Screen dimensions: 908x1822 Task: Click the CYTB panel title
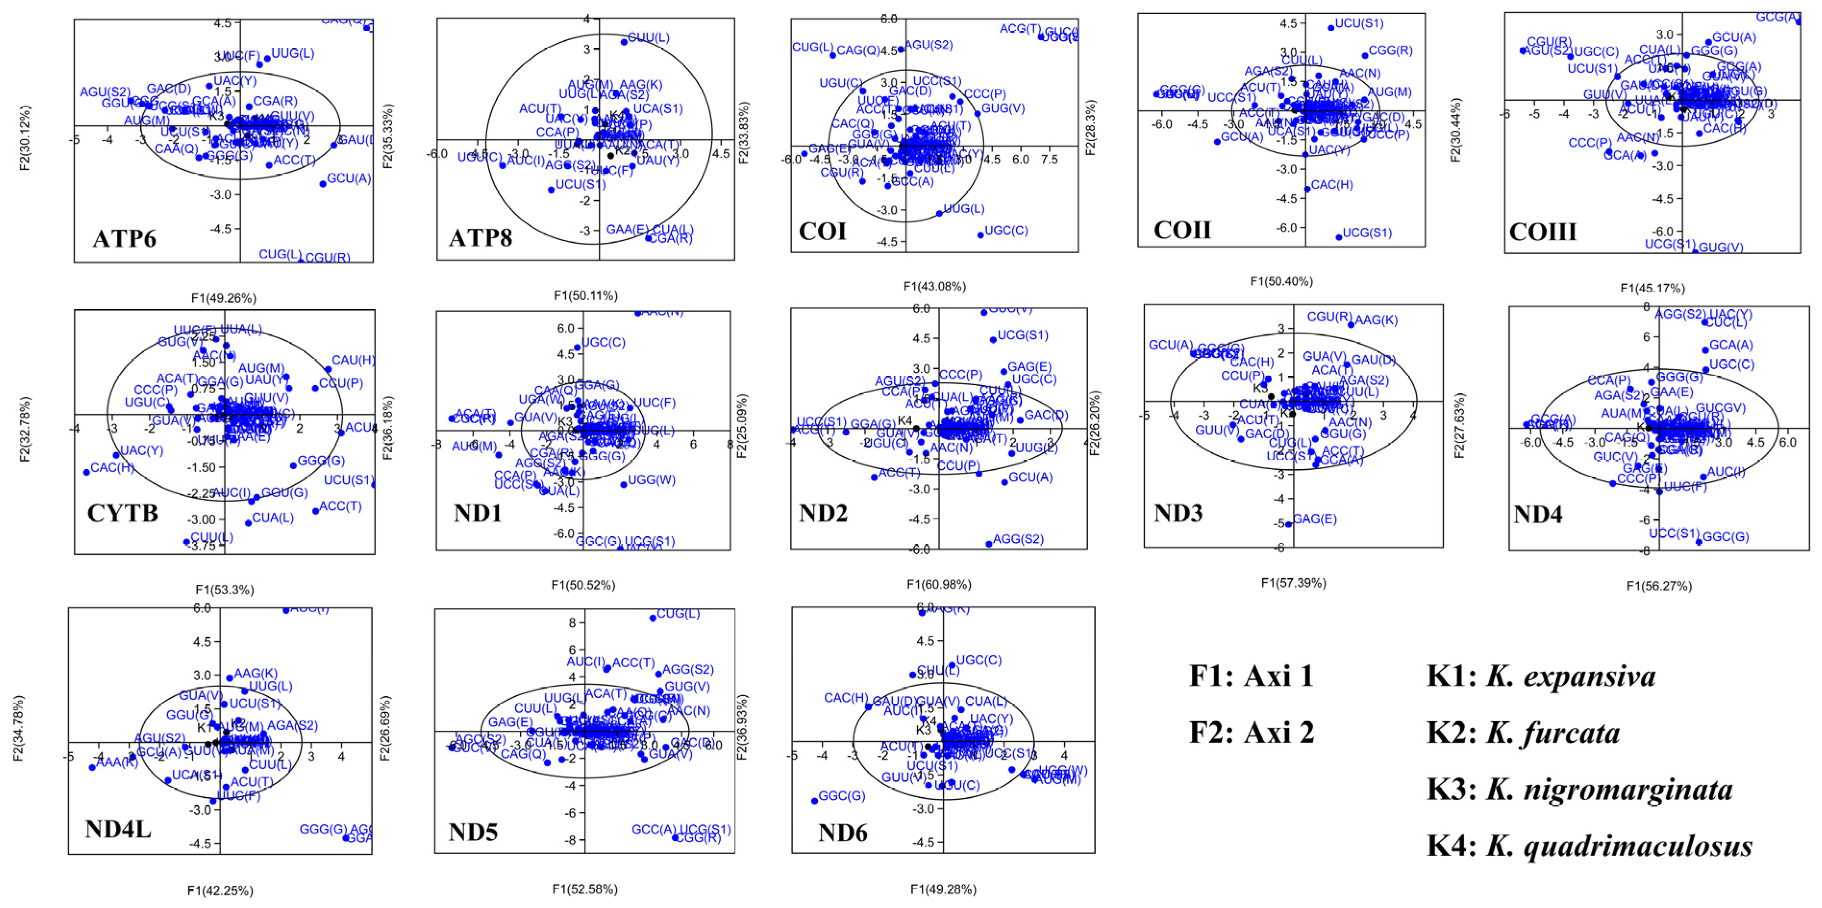pos(123,513)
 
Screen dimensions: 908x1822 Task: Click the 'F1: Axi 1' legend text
pos(1251,676)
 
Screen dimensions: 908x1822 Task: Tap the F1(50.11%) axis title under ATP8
pos(586,295)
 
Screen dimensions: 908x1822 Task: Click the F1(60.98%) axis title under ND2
pos(939,584)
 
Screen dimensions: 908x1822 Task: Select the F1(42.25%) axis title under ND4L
pos(220,890)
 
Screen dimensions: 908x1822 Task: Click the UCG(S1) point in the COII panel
pos(1338,237)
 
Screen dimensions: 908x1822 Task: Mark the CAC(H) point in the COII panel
pos(1307,189)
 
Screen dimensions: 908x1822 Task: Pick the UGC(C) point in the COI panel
pos(980,235)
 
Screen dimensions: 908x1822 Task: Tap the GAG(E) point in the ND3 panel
pos(1289,524)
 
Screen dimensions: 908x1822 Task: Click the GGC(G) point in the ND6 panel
pos(814,800)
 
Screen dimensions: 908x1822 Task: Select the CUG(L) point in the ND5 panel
pos(652,618)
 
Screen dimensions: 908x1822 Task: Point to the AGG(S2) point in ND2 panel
pos(989,544)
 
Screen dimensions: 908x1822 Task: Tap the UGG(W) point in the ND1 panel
pos(623,484)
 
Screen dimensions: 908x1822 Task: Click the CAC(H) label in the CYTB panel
pos(112,467)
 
